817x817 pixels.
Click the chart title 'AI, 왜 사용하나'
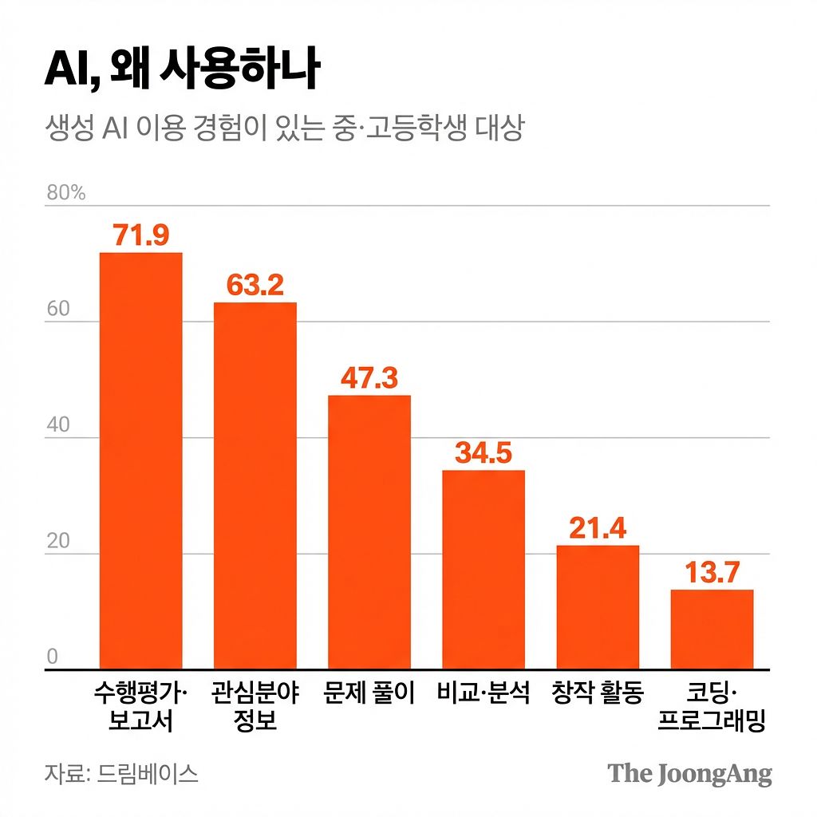pos(183,71)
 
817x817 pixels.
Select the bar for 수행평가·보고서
pos(140,460)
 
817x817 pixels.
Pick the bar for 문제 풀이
pos(369,532)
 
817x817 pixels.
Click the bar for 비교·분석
pos(483,570)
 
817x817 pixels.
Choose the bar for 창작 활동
pos(598,607)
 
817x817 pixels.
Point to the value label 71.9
pos(140,235)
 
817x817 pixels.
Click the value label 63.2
pos(255,286)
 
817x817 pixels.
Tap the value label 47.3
pos(369,378)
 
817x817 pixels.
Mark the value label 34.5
pos(483,453)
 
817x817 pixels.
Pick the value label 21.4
pos(598,528)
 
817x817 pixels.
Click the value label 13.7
pos(712,572)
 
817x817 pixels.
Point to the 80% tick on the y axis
pos(65,193)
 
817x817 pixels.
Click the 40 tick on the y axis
pos(58,425)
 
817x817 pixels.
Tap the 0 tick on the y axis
pos(53,657)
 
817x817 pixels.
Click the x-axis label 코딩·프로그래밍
pos(712,707)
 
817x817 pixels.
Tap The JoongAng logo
pos(689,774)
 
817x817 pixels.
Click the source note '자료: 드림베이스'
pos(121,774)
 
